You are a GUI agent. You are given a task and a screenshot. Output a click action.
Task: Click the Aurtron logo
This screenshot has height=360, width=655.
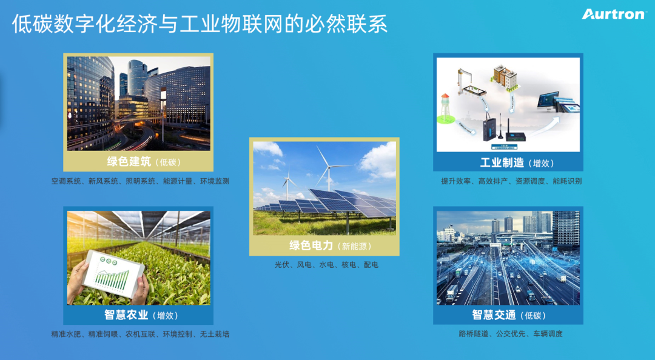point(613,14)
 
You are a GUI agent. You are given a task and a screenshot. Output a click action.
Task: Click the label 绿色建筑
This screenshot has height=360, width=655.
point(129,162)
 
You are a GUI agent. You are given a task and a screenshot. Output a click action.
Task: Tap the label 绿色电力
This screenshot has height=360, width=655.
point(311,245)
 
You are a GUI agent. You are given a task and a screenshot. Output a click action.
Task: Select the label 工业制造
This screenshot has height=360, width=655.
point(502,162)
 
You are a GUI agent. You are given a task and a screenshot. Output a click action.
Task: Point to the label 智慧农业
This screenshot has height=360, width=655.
point(126,315)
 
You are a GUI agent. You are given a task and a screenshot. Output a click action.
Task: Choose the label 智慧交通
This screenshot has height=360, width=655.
point(494,315)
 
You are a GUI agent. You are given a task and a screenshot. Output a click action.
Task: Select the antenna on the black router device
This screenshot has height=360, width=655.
point(509,125)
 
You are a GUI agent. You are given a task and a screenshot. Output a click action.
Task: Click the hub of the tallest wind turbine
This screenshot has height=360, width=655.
point(329,167)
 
